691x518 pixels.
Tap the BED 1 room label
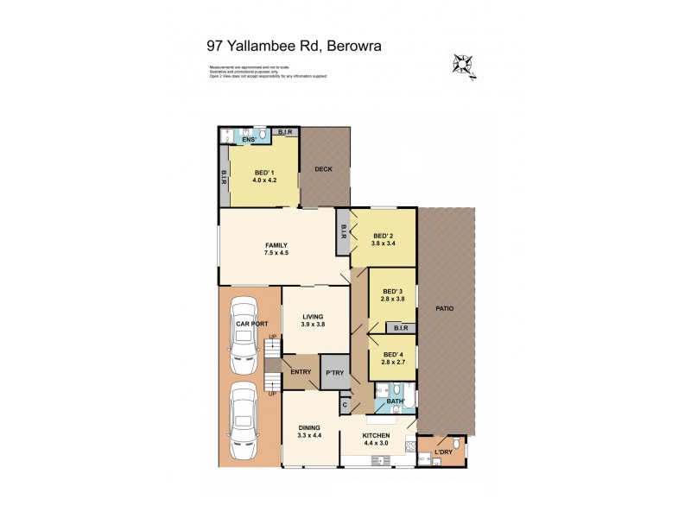point(263,174)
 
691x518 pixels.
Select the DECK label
point(323,169)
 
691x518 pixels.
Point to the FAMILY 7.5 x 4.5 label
point(276,250)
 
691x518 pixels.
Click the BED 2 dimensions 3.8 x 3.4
point(384,243)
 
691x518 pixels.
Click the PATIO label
point(444,308)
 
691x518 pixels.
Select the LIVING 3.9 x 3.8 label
point(314,319)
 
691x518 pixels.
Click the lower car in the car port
point(243,423)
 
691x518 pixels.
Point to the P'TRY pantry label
point(333,374)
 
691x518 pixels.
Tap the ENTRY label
point(301,372)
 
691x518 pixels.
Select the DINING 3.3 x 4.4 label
point(309,432)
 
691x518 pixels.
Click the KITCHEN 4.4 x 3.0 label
point(376,439)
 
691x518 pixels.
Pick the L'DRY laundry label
point(444,452)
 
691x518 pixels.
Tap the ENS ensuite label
point(250,139)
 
